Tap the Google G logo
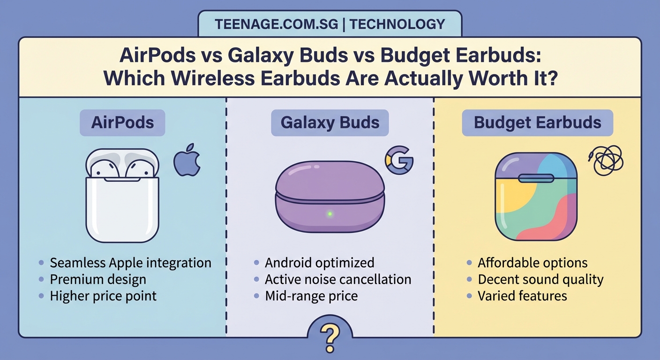[x=399, y=160]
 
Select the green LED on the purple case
[x=330, y=214]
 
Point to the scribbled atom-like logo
[x=606, y=160]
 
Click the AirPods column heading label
[x=122, y=123]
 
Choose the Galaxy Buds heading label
[x=330, y=123]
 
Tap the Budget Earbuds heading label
[x=538, y=123]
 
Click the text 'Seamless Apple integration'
[x=130, y=263]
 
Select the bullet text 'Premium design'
[x=98, y=280]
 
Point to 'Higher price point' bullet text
[x=103, y=296]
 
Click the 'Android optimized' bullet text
[x=319, y=263]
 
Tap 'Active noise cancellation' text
[x=338, y=280]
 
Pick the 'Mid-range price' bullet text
[x=311, y=296]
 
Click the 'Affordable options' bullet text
[x=532, y=263]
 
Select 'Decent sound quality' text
[x=540, y=280]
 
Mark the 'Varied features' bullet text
[x=522, y=296]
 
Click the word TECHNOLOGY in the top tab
[x=397, y=24]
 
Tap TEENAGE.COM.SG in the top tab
[x=276, y=24]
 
